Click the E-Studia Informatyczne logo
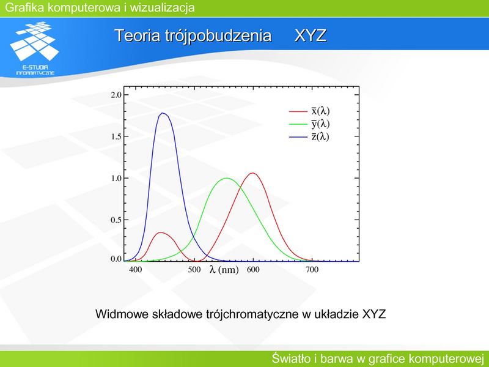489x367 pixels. [34, 48]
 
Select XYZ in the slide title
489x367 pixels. [311, 35]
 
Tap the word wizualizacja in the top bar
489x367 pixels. [162, 7]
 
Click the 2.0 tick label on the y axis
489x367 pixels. [116, 95]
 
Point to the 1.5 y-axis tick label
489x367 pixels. [116, 136]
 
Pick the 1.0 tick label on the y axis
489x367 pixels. [116, 178]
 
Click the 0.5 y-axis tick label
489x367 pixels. [116, 220]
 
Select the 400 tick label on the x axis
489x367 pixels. [135, 270]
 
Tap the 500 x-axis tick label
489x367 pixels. [194, 270]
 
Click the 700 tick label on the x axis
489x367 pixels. [312, 270]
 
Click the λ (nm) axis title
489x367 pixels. [224, 270]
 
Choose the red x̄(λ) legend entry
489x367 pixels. [309, 111]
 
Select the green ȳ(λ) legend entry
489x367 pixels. [309, 124]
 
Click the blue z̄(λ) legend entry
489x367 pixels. [309, 136]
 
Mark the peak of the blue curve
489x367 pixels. [163, 113]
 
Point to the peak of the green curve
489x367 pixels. [227, 178]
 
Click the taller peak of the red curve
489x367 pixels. [253, 173]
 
